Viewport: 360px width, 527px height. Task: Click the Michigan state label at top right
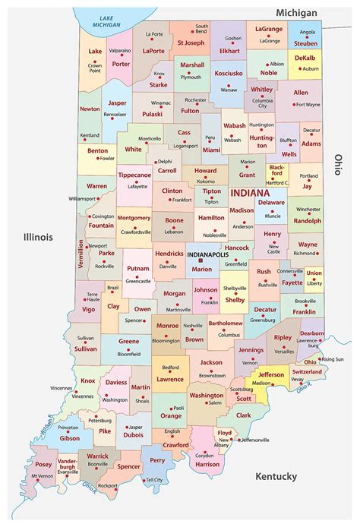click(297, 14)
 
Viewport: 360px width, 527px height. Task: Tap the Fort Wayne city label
click(308, 104)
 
